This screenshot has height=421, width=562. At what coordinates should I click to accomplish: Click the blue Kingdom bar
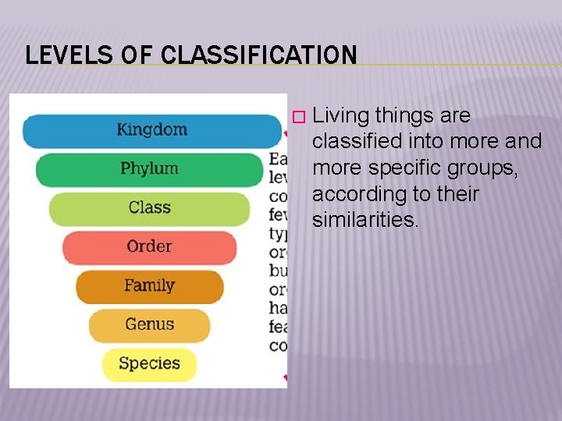point(152,130)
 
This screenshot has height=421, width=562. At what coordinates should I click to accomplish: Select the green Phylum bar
point(149,169)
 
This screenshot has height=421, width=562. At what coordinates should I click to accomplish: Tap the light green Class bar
point(149,208)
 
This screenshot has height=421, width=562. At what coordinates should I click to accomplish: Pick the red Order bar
point(149,247)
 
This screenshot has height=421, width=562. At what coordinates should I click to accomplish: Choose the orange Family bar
point(149,286)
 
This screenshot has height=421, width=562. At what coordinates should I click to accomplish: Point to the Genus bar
point(149,325)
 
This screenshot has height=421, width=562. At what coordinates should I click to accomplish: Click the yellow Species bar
point(149,364)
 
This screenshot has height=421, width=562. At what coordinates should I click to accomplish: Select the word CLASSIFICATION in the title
point(259,55)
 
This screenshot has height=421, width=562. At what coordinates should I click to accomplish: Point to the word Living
point(340,116)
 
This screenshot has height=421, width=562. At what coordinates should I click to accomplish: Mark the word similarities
point(365,220)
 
